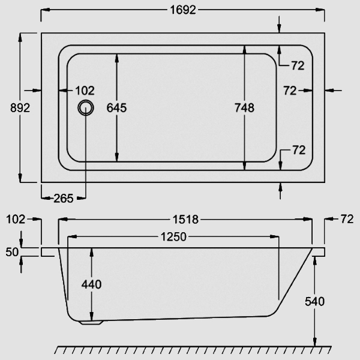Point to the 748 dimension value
coord(244,108)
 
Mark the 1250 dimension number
coord(174,237)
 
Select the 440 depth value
coord(91,284)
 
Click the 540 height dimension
coord(314,301)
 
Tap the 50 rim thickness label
coord(11,251)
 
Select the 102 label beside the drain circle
coord(85,91)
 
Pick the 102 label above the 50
coord(16,220)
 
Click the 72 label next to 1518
coord(347,220)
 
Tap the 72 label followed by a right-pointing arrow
coord(290,91)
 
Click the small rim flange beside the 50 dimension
coord(49,252)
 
